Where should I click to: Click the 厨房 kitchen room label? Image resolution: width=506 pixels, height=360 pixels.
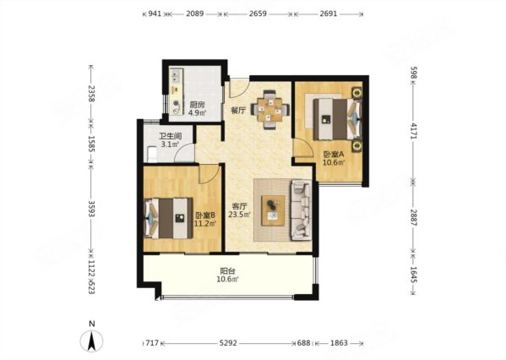coord(197,105)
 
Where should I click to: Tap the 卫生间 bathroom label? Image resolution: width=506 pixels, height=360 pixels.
coord(170,136)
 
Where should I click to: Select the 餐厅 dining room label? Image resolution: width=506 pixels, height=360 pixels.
coord(238,111)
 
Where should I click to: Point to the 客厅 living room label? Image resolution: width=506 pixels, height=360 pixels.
coord(240,206)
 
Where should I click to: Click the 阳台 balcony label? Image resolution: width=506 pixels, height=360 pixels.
coord(227,271)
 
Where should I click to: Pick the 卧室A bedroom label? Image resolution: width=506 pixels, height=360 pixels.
coord(334,155)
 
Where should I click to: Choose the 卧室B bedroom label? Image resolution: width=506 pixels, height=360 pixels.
coord(205,215)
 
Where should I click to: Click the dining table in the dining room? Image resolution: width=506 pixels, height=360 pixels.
coord(269,110)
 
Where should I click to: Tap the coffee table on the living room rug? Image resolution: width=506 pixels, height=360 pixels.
coord(273,210)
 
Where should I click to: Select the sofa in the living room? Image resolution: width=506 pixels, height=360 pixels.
coord(302,210)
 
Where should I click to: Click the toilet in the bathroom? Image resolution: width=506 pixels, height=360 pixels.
coord(151,155)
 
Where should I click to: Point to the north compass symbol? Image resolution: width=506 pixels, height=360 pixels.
coord(91,338)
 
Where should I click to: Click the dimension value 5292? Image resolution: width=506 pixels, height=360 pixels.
coord(228,343)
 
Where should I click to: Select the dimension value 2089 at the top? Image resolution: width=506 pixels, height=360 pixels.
coord(194,14)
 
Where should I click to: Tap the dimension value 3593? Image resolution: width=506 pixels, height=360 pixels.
coord(91,209)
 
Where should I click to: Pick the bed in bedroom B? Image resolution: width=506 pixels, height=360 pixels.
coord(168,219)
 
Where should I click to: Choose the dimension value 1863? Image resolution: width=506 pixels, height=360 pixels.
coord(339,343)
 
